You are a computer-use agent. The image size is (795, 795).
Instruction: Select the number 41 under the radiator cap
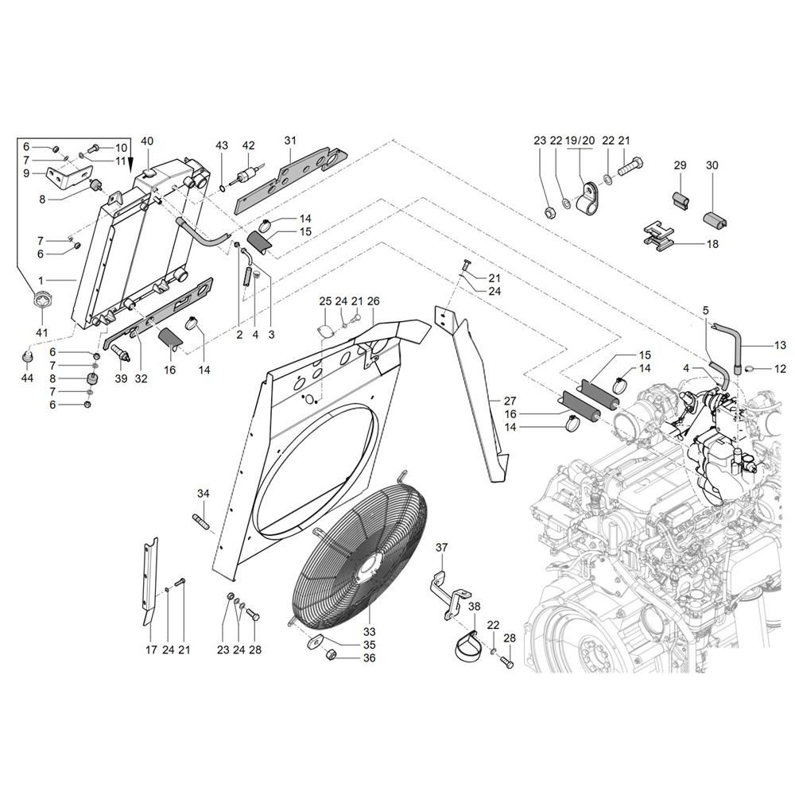tap(41, 332)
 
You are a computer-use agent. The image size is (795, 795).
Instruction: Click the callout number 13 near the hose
tap(780, 345)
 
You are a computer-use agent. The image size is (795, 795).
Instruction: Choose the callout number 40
tap(147, 141)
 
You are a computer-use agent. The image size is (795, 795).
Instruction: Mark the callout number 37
tap(442, 547)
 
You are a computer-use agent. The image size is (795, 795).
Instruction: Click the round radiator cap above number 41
tap(41, 302)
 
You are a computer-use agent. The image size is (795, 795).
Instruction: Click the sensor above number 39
tap(120, 353)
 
